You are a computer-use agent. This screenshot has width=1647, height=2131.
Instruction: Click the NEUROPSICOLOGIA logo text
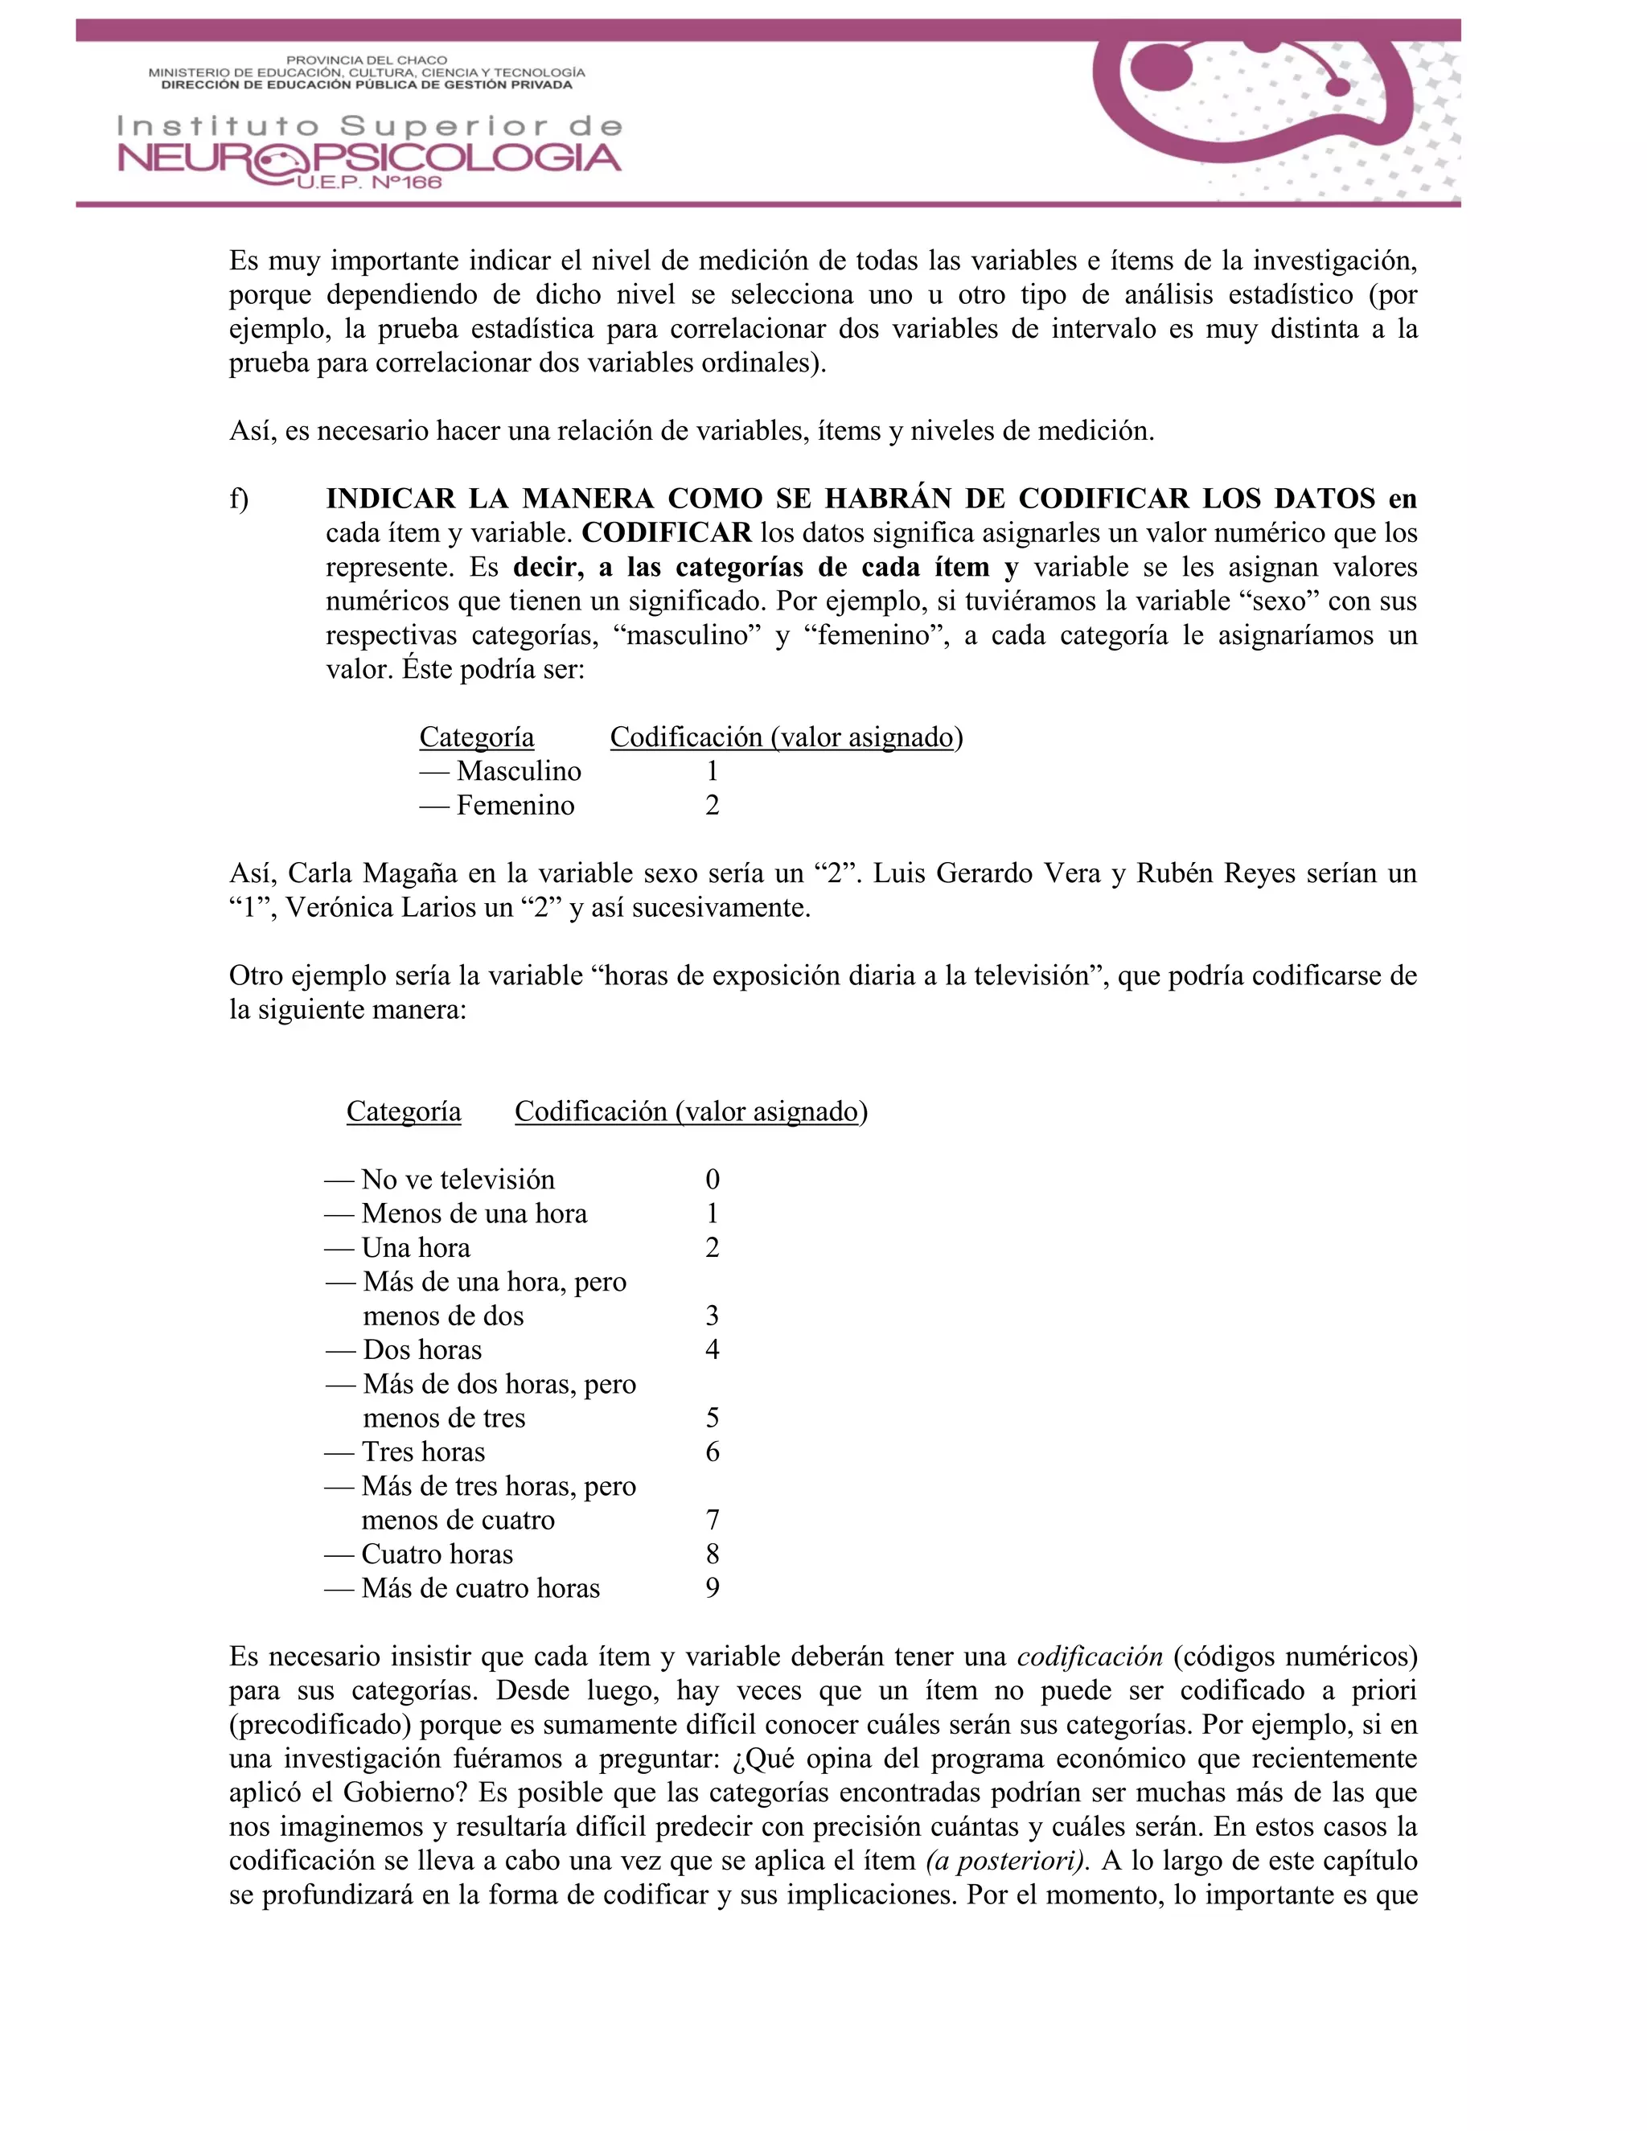point(369,159)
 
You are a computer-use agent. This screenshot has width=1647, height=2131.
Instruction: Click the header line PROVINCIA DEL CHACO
point(366,60)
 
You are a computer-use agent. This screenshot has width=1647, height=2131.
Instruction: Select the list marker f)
point(239,499)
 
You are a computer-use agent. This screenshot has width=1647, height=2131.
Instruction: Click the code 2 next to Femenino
point(713,805)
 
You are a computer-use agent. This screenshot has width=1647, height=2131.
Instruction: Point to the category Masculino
point(518,771)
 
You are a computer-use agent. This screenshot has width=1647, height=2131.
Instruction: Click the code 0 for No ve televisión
point(713,1180)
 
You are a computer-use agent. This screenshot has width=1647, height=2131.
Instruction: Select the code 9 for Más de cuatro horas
point(713,1587)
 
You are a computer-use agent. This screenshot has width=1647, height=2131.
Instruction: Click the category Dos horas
point(421,1349)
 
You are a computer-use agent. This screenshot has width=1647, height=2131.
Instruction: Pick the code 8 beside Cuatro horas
point(713,1554)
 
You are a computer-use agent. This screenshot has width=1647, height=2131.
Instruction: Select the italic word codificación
point(1090,1657)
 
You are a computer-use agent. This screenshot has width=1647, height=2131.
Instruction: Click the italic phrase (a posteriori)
point(1007,1861)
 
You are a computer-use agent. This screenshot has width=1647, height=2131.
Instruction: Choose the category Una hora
point(416,1248)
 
